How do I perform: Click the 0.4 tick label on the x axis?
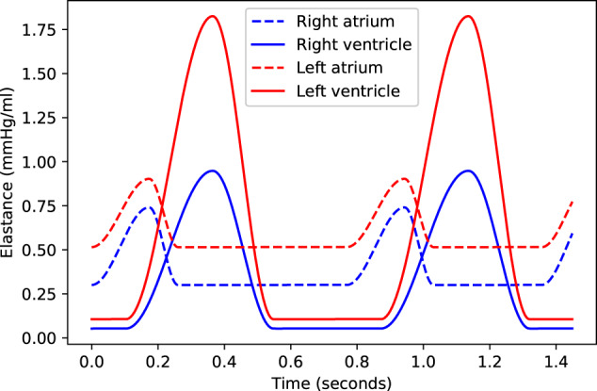pos(224,362)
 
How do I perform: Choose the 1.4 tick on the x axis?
pos(557,362)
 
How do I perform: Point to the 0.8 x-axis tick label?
pos(357,362)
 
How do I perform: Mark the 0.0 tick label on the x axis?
pos(91,362)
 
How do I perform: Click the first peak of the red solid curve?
pos(212,16)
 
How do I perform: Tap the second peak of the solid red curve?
pos(468,16)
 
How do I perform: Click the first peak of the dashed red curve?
pos(149,179)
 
